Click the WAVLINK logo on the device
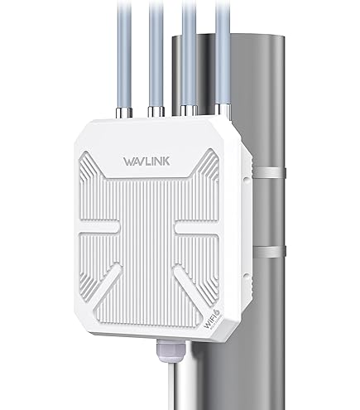(146, 162)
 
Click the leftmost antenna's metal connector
(124, 113)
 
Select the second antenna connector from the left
(156, 112)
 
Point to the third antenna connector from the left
(189, 110)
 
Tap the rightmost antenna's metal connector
(223, 109)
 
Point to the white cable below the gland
(175, 386)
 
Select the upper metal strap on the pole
(269, 172)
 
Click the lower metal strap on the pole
(270, 252)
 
